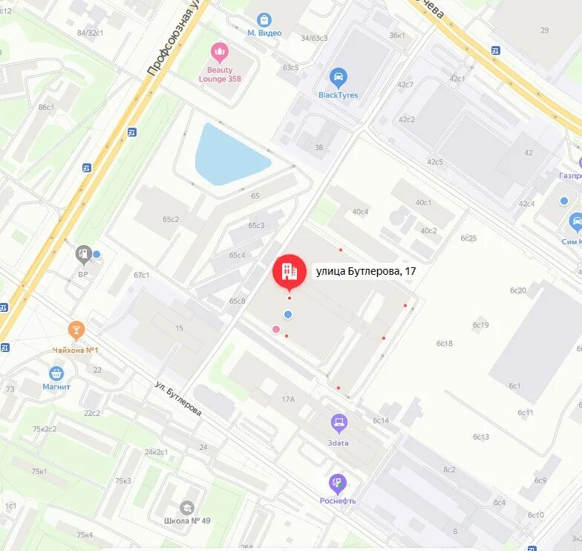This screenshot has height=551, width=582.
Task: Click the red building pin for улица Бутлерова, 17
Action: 289,272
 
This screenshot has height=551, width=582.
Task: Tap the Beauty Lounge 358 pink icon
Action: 220,52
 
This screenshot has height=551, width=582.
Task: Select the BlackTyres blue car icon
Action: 339,77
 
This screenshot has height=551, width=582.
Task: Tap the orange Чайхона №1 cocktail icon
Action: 76,330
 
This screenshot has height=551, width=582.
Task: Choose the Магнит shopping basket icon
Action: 56,373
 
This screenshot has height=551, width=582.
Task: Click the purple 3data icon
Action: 339,424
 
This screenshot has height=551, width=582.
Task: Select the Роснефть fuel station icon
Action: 338,483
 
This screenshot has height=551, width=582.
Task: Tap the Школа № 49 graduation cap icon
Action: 187,507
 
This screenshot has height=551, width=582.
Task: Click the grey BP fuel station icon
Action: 83,255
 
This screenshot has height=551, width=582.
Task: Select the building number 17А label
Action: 288,400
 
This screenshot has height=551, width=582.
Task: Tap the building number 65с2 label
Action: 171,219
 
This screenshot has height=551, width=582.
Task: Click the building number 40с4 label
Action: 360,212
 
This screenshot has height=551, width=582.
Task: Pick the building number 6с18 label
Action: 445,343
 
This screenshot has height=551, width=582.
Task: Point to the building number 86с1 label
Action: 46,108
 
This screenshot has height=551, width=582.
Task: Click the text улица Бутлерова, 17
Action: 366,272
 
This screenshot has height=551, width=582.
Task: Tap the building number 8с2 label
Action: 449,469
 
